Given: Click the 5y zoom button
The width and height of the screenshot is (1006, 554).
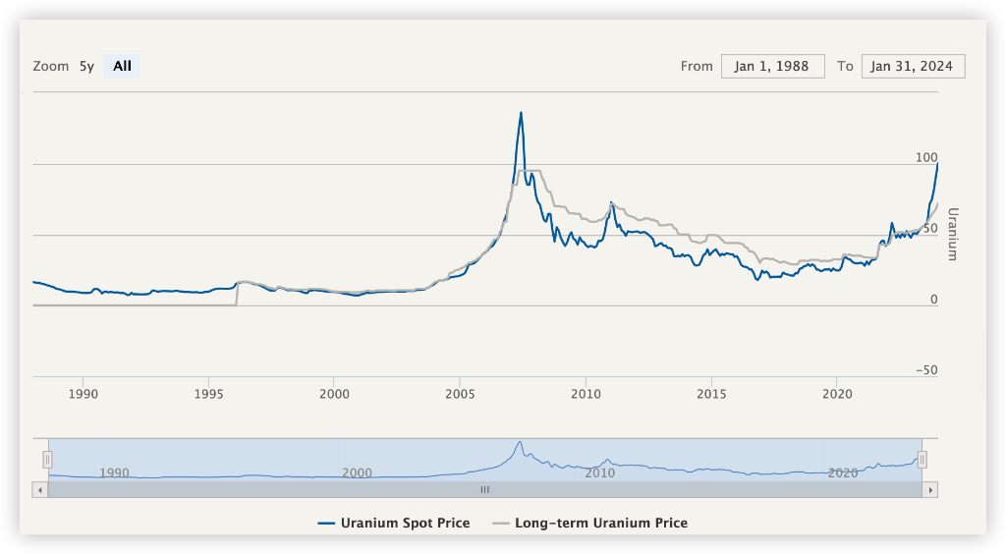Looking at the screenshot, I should [x=86, y=67].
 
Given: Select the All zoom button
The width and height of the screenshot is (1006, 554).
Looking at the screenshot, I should [x=122, y=67].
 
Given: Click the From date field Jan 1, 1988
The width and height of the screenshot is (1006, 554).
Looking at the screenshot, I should [x=772, y=67].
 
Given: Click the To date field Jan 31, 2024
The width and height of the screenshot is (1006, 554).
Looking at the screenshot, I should [x=913, y=67].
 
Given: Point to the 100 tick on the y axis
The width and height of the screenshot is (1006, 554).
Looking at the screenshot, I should [x=926, y=158].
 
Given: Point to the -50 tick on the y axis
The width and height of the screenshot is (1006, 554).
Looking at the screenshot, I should [x=924, y=370].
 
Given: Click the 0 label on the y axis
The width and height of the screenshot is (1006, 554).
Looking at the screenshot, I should [x=934, y=300].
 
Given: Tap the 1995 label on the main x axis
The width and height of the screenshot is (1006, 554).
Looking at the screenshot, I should [x=208, y=394].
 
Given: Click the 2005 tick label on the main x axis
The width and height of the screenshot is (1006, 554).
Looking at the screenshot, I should [x=460, y=394].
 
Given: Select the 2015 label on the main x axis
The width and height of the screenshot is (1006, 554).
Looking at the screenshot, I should [x=710, y=394].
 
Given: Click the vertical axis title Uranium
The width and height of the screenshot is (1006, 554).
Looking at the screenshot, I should [x=951, y=234].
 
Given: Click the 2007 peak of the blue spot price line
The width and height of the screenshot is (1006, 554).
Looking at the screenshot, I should [x=521, y=113].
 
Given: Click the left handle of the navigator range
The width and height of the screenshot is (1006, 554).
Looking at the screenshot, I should [x=46, y=460].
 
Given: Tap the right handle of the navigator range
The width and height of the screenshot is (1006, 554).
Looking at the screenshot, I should [x=922, y=460].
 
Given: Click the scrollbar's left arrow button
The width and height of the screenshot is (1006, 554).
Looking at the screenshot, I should [x=40, y=489].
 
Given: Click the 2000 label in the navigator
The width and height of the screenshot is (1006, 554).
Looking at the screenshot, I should [x=357, y=472].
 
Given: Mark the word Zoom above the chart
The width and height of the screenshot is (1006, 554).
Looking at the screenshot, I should [x=51, y=67].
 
